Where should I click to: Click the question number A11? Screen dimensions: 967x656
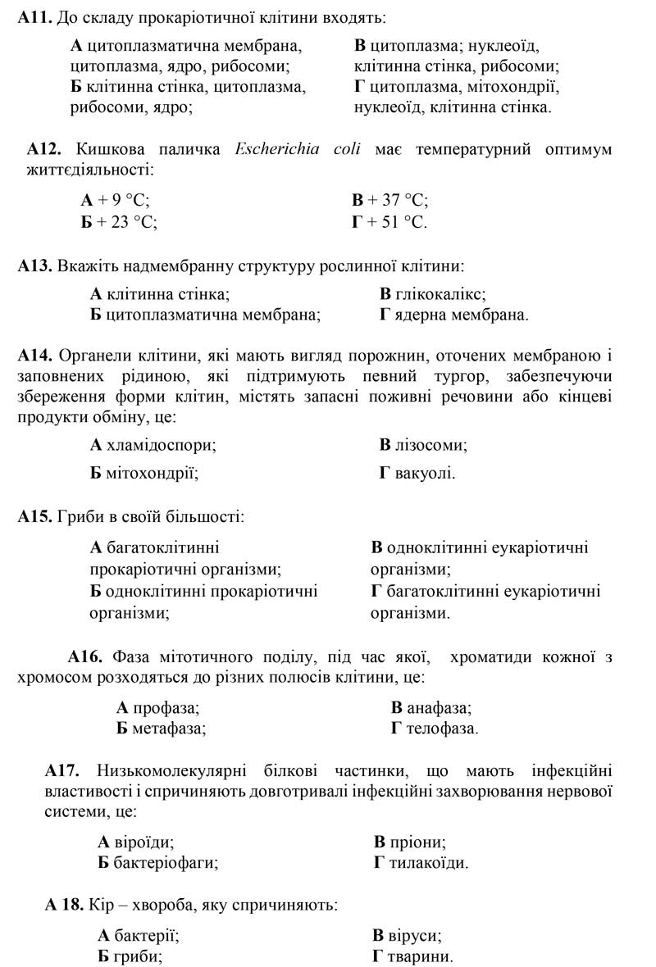point(34,17)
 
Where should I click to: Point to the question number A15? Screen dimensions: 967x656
point(34,517)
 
